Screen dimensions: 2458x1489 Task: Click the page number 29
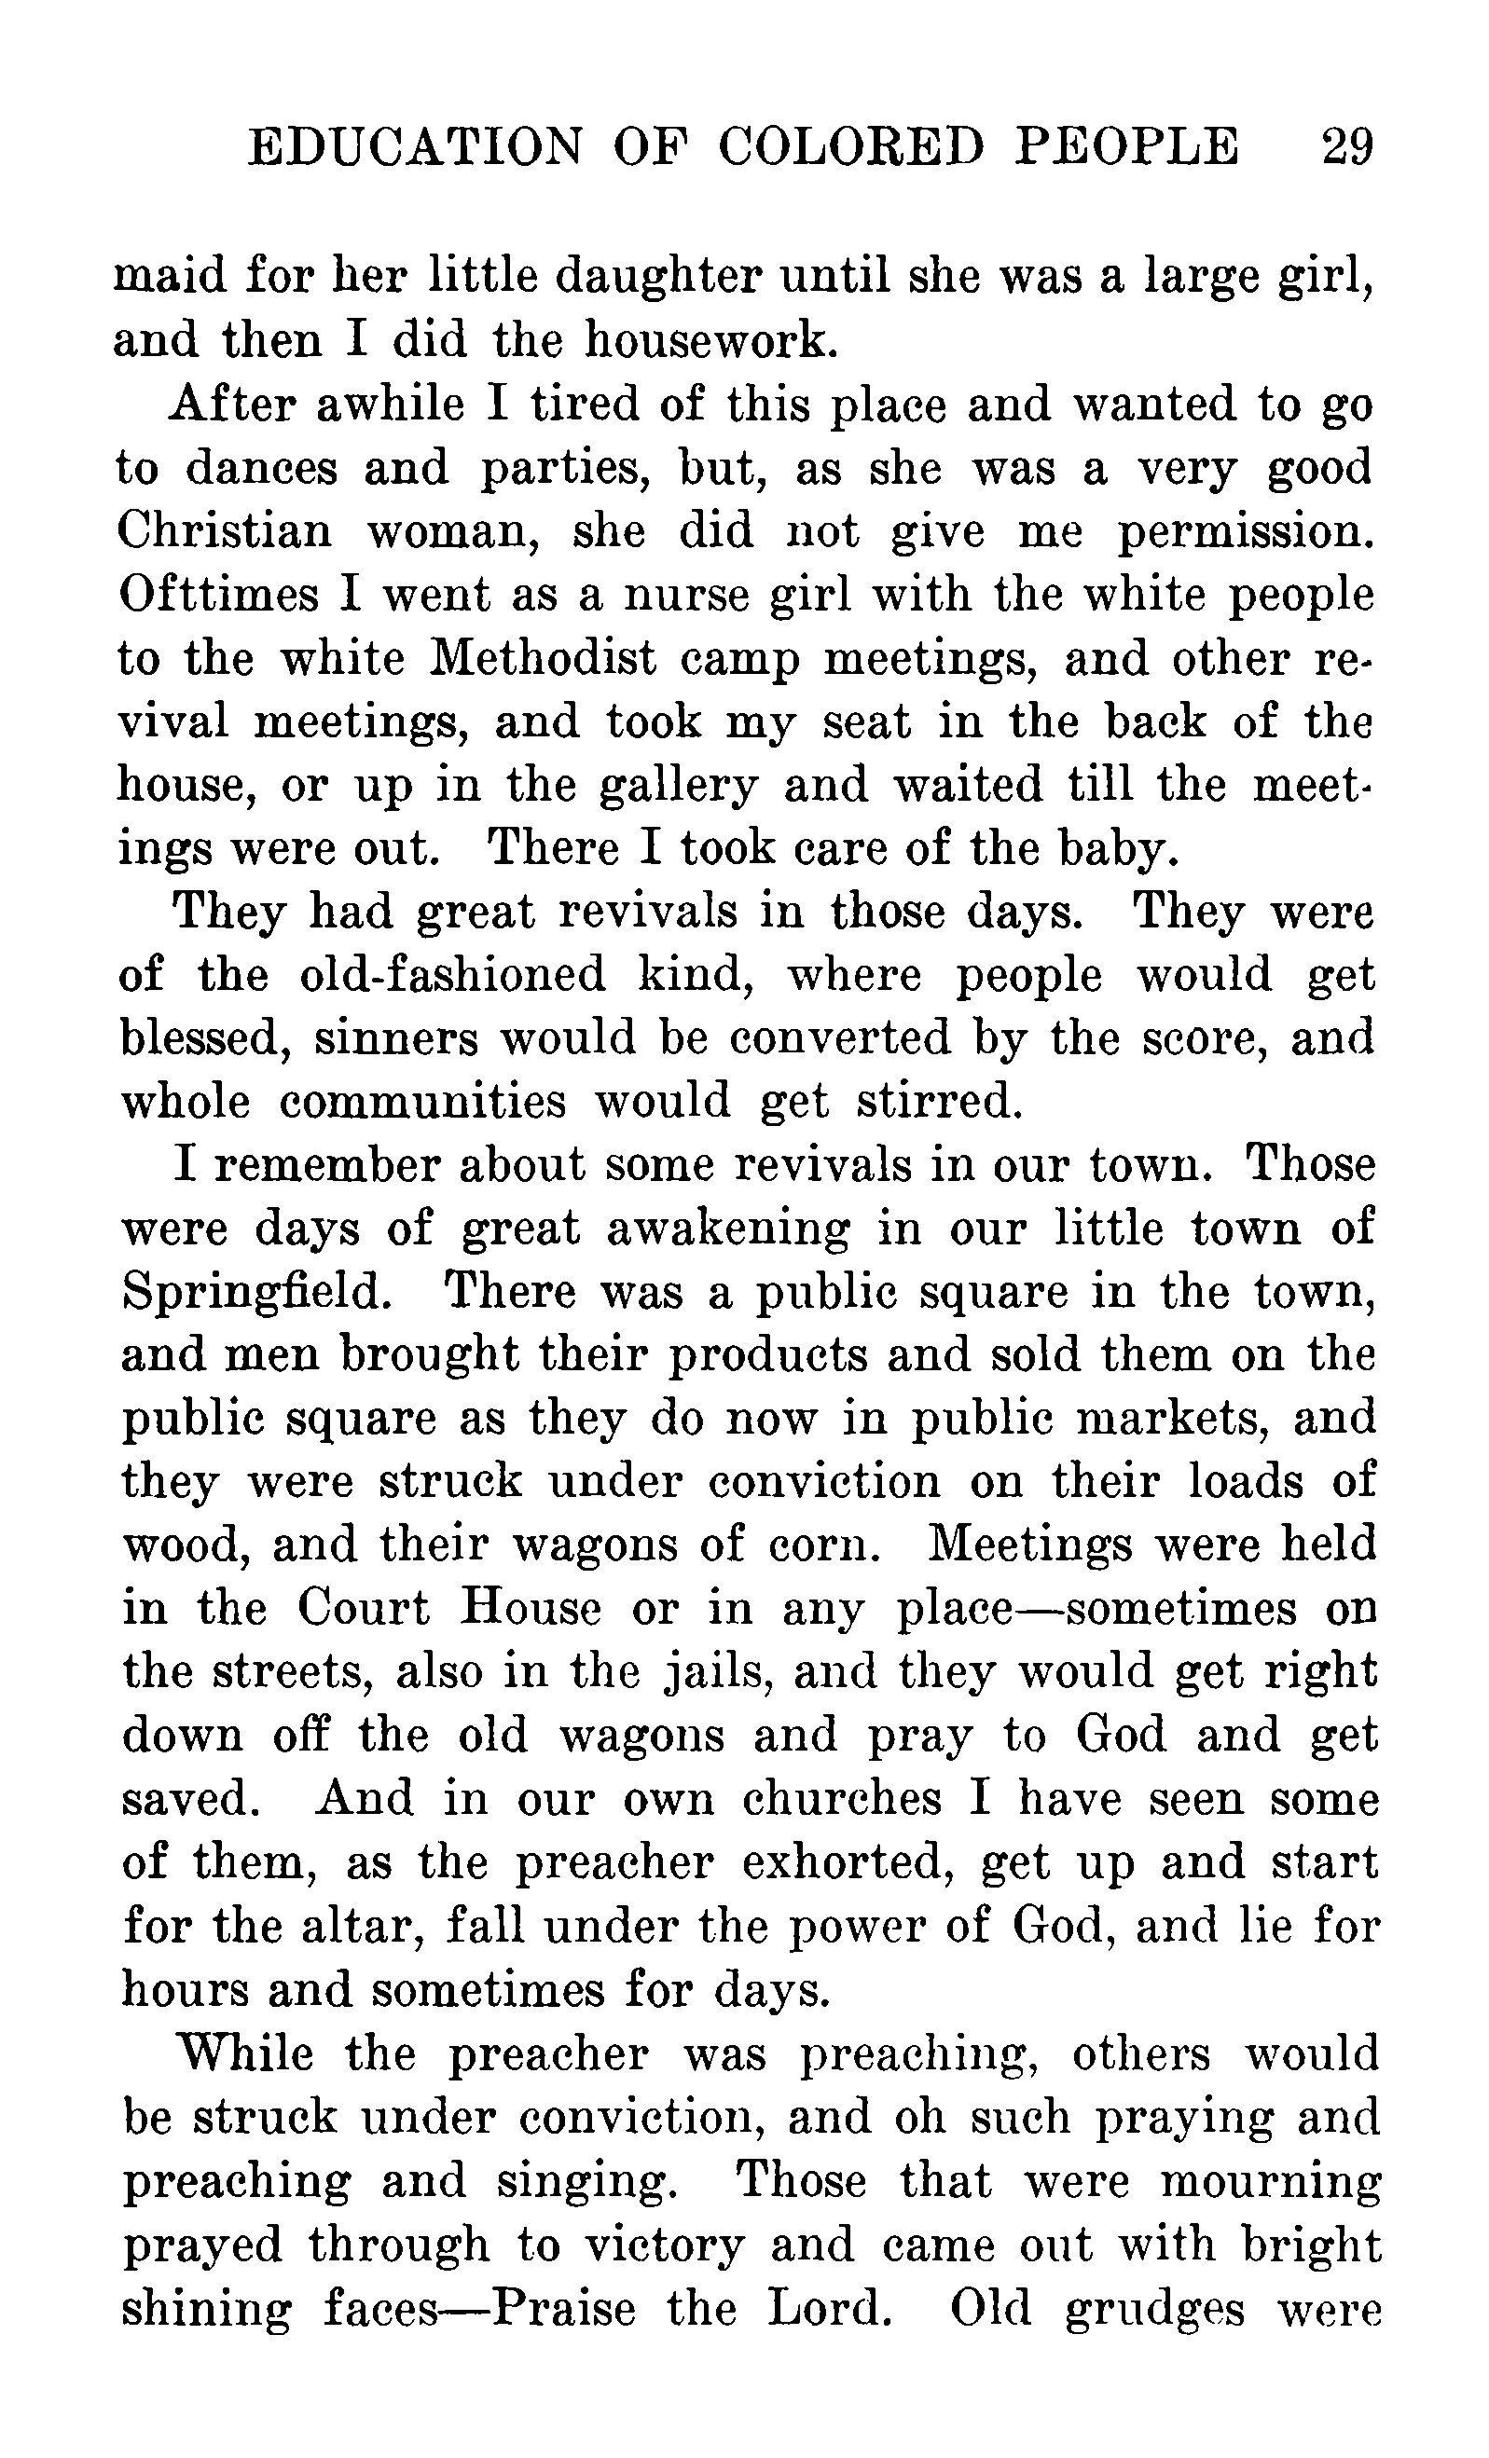1347,147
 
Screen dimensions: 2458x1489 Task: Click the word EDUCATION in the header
413,147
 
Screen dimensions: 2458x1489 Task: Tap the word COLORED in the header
850,147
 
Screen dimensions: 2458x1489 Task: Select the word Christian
225,529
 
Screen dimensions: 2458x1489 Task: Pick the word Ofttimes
217,595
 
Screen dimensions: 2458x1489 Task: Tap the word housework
710,340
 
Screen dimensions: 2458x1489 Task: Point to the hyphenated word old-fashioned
452,976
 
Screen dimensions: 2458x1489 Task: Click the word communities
422,1103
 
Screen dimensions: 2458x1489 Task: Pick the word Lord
826,2310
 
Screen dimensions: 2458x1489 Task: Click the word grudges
1154,2312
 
